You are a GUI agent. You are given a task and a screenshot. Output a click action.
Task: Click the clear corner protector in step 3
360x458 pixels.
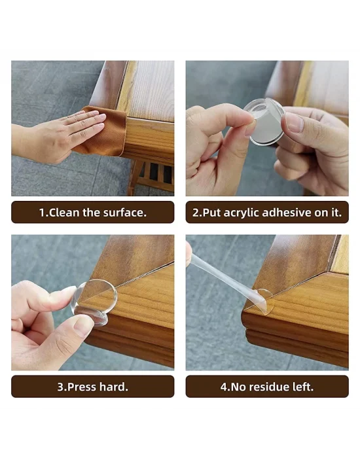coord(95,302)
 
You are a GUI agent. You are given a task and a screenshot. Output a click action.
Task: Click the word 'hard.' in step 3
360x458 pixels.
coord(115,387)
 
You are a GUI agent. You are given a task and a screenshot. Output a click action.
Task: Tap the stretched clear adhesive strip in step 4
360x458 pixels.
coord(219,275)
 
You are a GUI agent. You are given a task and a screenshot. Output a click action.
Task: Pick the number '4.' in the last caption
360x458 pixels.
coord(225,387)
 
